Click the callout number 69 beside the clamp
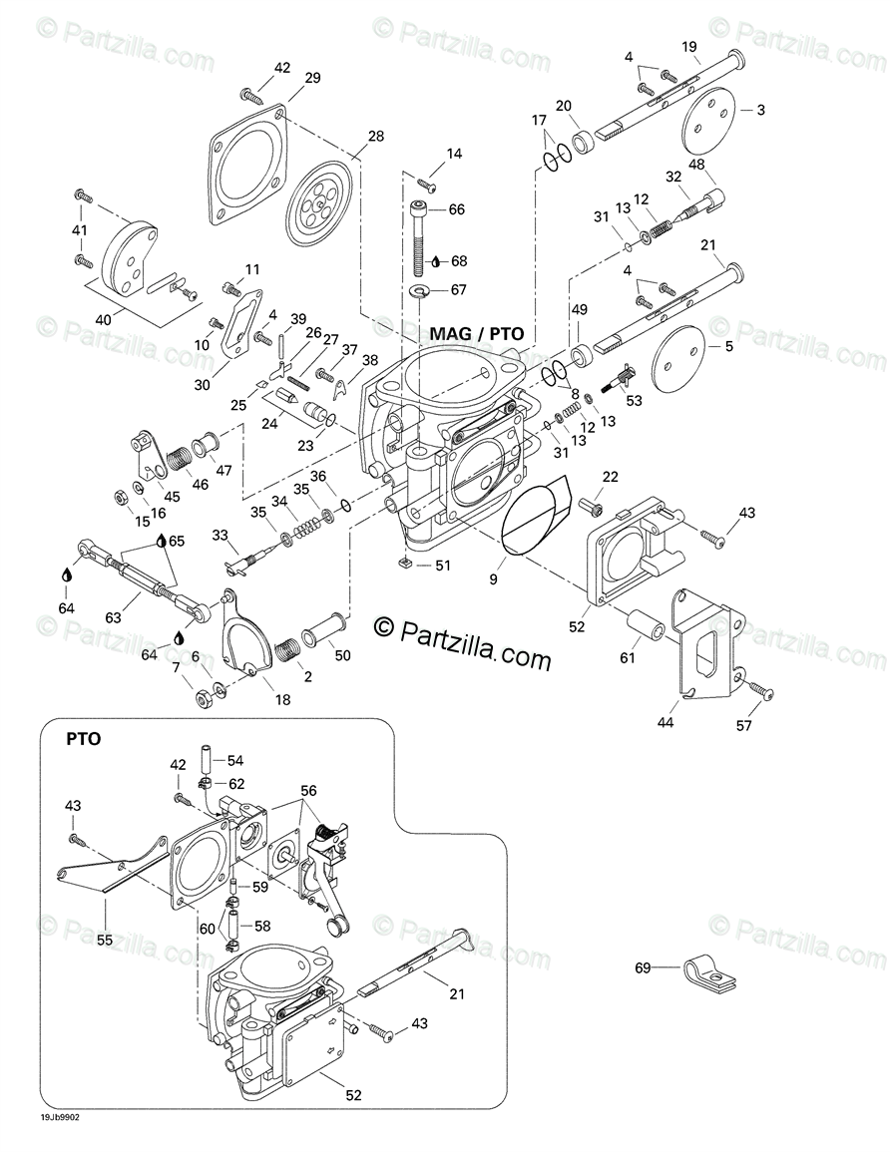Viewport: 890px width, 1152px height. pos(644,967)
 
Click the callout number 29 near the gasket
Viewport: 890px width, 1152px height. pos(312,79)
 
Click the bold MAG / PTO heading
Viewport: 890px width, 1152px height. pos(477,333)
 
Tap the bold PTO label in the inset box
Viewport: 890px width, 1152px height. pos(83,740)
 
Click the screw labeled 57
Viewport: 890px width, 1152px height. pos(758,689)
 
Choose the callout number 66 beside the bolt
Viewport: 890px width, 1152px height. pos(457,209)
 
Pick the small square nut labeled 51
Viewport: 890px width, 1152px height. pos(404,566)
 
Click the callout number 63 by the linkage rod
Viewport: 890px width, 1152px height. pos(113,617)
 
